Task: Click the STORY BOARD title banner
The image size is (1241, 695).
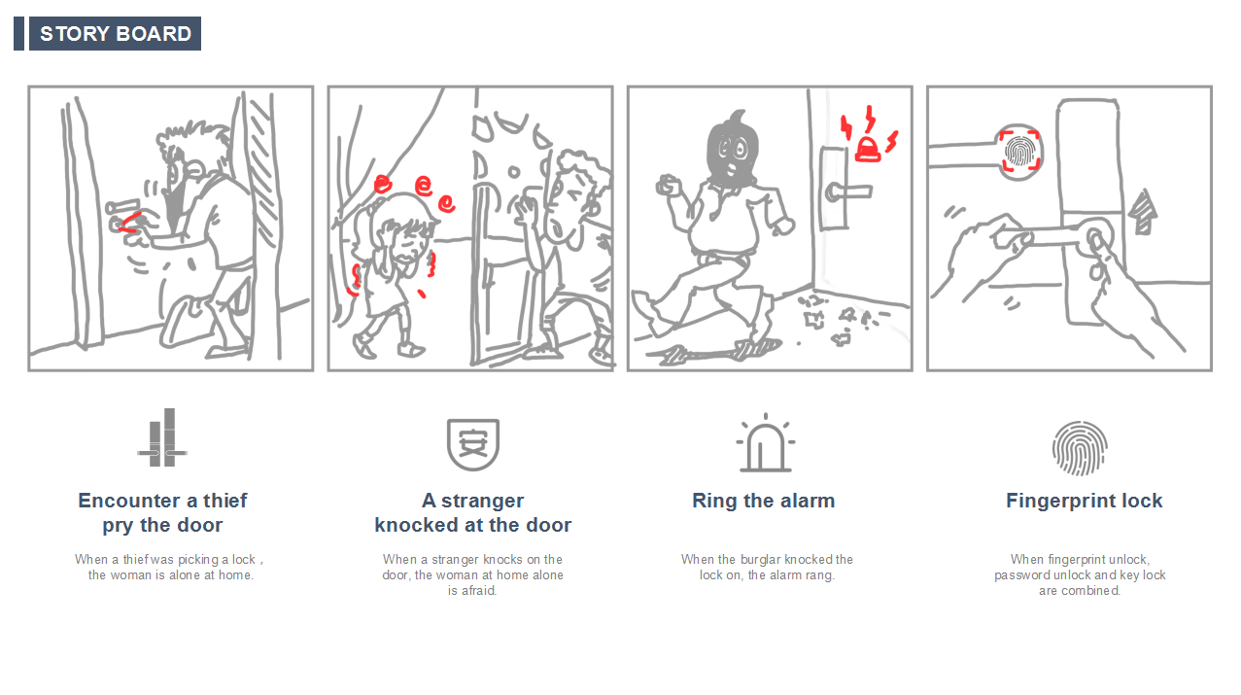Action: click(x=115, y=33)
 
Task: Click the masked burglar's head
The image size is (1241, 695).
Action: click(x=732, y=149)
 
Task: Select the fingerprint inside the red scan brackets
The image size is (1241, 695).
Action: click(x=1020, y=152)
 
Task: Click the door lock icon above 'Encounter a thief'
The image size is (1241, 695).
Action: click(x=162, y=437)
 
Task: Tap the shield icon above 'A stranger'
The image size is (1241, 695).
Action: click(x=473, y=444)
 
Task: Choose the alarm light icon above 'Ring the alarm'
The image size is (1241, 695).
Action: click(x=766, y=443)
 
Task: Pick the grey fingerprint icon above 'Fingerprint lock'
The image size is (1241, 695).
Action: click(x=1080, y=448)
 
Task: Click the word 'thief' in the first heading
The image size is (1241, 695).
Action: click(x=224, y=501)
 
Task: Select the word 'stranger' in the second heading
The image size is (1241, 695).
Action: click(x=482, y=501)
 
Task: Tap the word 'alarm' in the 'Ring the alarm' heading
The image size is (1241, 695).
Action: click(x=808, y=501)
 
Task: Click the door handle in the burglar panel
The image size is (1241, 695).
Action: click(x=847, y=191)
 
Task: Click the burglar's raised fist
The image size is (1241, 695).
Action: click(x=669, y=185)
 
